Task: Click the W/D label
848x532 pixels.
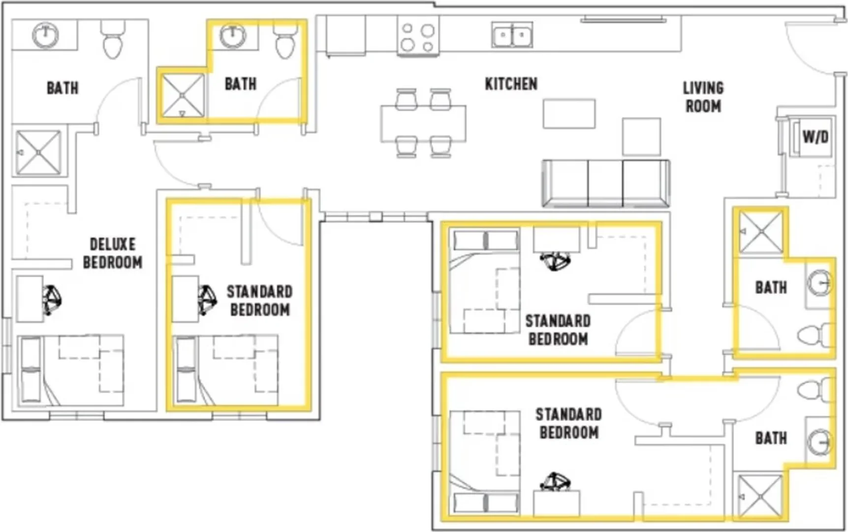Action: tap(815, 137)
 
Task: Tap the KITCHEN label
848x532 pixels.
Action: tap(511, 84)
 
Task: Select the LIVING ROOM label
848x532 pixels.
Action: tap(703, 97)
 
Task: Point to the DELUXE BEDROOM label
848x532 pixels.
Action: tap(113, 253)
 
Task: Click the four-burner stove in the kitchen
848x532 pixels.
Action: tap(418, 36)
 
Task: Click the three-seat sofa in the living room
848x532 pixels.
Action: tap(606, 183)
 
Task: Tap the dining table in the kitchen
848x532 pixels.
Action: tap(423, 123)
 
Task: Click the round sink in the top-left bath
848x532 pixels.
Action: tap(45, 35)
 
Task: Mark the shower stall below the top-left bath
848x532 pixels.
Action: tap(38, 152)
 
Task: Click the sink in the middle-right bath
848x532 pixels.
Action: tap(819, 283)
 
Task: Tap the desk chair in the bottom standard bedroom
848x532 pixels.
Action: tap(555, 481)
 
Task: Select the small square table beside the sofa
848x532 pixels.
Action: tap(641, 137)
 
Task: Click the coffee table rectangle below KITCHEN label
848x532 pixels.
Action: tap(569, 114)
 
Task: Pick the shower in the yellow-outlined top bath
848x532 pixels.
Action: tap(183, 96)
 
